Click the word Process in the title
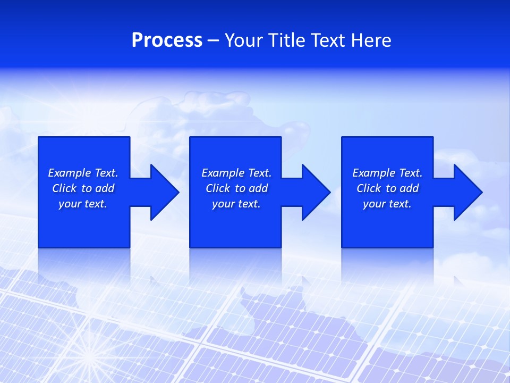click(167, 40)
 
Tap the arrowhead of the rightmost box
click(467, 192)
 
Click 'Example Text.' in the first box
click(83, 173)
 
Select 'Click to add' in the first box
click(83, 188)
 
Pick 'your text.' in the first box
click(83, 204)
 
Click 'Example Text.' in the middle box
click(236, 173)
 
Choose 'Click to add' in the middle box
click(236, 188)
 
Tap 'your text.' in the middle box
click(236, 204)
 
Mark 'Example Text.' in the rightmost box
click(387, 173)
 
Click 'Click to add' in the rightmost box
click(387, 188)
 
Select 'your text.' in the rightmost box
click(387, 204)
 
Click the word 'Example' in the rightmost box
click(374, 173)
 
